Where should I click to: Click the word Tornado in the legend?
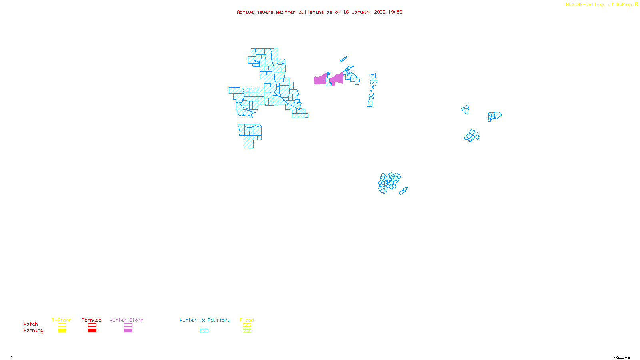[x=92, y=320]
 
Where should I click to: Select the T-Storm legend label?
[x=62, y=320]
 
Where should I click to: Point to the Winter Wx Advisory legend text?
[x=205, y=320]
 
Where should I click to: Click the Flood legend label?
[x=247, y=320]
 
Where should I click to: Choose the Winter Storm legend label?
[x=126, y=320]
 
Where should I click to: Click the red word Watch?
[x=31, y=324]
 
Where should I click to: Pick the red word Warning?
[x=33, y=330]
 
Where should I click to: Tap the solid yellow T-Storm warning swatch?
[x=62, y=331]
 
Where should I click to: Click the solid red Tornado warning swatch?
[x=92, y=331]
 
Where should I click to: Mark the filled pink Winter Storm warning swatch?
[x=128, y=331]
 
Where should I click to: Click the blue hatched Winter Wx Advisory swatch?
[x=204, y=331]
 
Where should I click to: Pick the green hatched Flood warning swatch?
[x=247, y=331]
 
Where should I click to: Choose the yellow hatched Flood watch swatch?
[x=247, y=325]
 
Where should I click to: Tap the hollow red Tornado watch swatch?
[x=92, y=325]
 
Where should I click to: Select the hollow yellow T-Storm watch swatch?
[x=62, y=325]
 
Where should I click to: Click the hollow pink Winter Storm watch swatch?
[x=128, y=325]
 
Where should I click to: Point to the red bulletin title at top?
[x=319, y=12]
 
